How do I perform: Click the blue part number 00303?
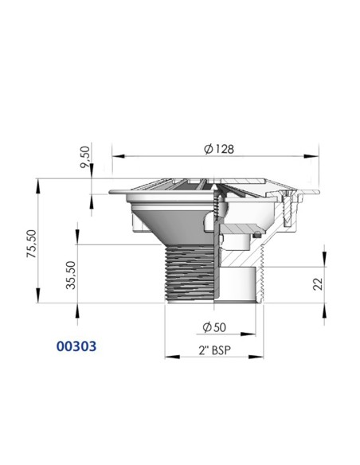79,347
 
